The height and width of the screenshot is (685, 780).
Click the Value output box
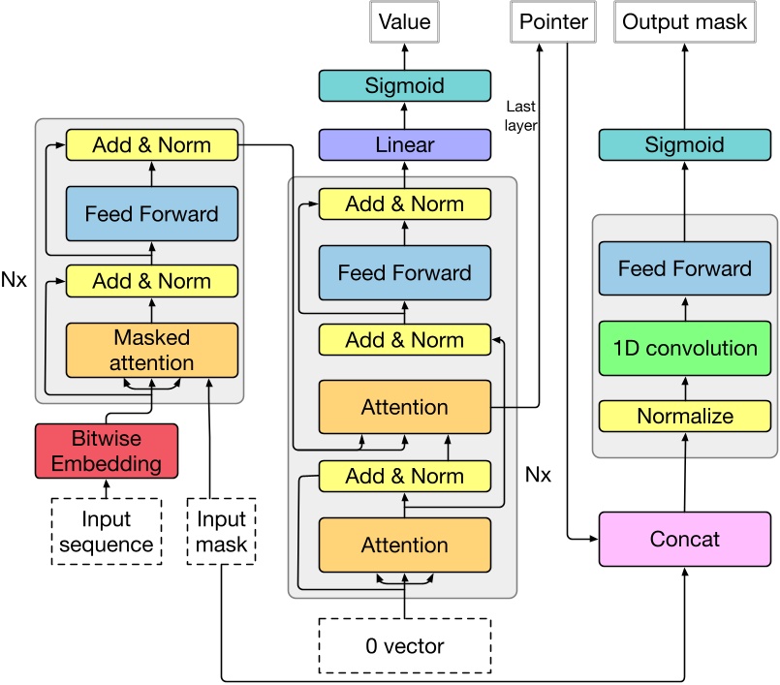coord(404,22)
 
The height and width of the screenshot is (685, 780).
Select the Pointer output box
coord(553,22)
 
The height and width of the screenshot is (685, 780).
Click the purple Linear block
coord(404,145)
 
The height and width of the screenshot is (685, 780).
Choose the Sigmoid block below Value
coord(404,86)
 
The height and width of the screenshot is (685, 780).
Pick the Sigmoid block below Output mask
coord(684,145)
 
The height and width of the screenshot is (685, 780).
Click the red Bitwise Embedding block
coord(107,451)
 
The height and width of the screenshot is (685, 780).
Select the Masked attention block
coord(151,350)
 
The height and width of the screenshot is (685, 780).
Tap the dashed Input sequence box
coord(107,532)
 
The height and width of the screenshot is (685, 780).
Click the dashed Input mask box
coord(221,532)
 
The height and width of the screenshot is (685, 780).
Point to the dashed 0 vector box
coord(405,644)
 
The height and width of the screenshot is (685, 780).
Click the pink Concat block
coord(684,539)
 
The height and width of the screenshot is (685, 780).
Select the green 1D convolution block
coord(684,349)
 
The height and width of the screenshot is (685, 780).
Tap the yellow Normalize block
coord(684,416)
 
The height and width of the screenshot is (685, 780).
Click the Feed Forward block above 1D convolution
coord(684,268)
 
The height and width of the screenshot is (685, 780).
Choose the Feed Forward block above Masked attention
coord(151,213)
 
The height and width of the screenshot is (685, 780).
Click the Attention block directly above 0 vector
coord(404,545)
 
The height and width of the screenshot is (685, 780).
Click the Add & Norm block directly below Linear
coord(404,204)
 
